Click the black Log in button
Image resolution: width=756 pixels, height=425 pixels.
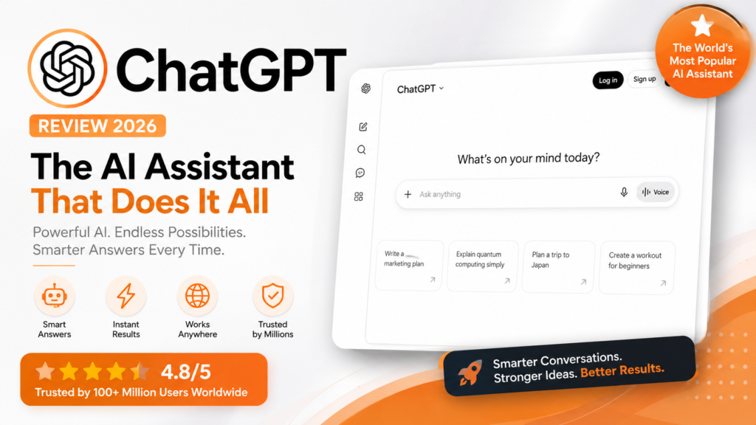point(608,80)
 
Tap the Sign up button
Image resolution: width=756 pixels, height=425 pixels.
point(644,79)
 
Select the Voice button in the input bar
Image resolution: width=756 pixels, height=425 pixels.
point(656,192)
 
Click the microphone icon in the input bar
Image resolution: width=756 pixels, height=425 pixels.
point(624,193)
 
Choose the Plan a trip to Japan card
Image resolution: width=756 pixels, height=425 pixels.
point(558,266)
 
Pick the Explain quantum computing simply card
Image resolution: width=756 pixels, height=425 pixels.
point(482,266)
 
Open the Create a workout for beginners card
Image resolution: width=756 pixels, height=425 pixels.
point(636,267)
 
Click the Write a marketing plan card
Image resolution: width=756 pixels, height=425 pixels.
point(409,265)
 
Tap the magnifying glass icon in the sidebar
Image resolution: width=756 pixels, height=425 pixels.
point(362,150)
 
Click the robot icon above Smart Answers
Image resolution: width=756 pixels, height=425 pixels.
point(54,296)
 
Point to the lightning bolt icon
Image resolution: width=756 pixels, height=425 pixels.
point(126,295)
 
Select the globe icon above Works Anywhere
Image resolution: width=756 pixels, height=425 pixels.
point(197,295)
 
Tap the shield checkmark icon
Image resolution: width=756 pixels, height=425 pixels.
point(272,295)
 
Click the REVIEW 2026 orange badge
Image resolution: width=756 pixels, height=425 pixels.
point(97,125)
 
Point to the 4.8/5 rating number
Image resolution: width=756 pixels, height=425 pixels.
point(185,372)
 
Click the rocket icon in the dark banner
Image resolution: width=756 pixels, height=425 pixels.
point(470,373)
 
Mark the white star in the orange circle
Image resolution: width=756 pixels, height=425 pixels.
point(701,26)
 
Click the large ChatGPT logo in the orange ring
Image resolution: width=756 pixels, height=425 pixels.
point(67,69)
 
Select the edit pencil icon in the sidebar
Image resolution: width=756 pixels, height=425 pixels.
point(363,127)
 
